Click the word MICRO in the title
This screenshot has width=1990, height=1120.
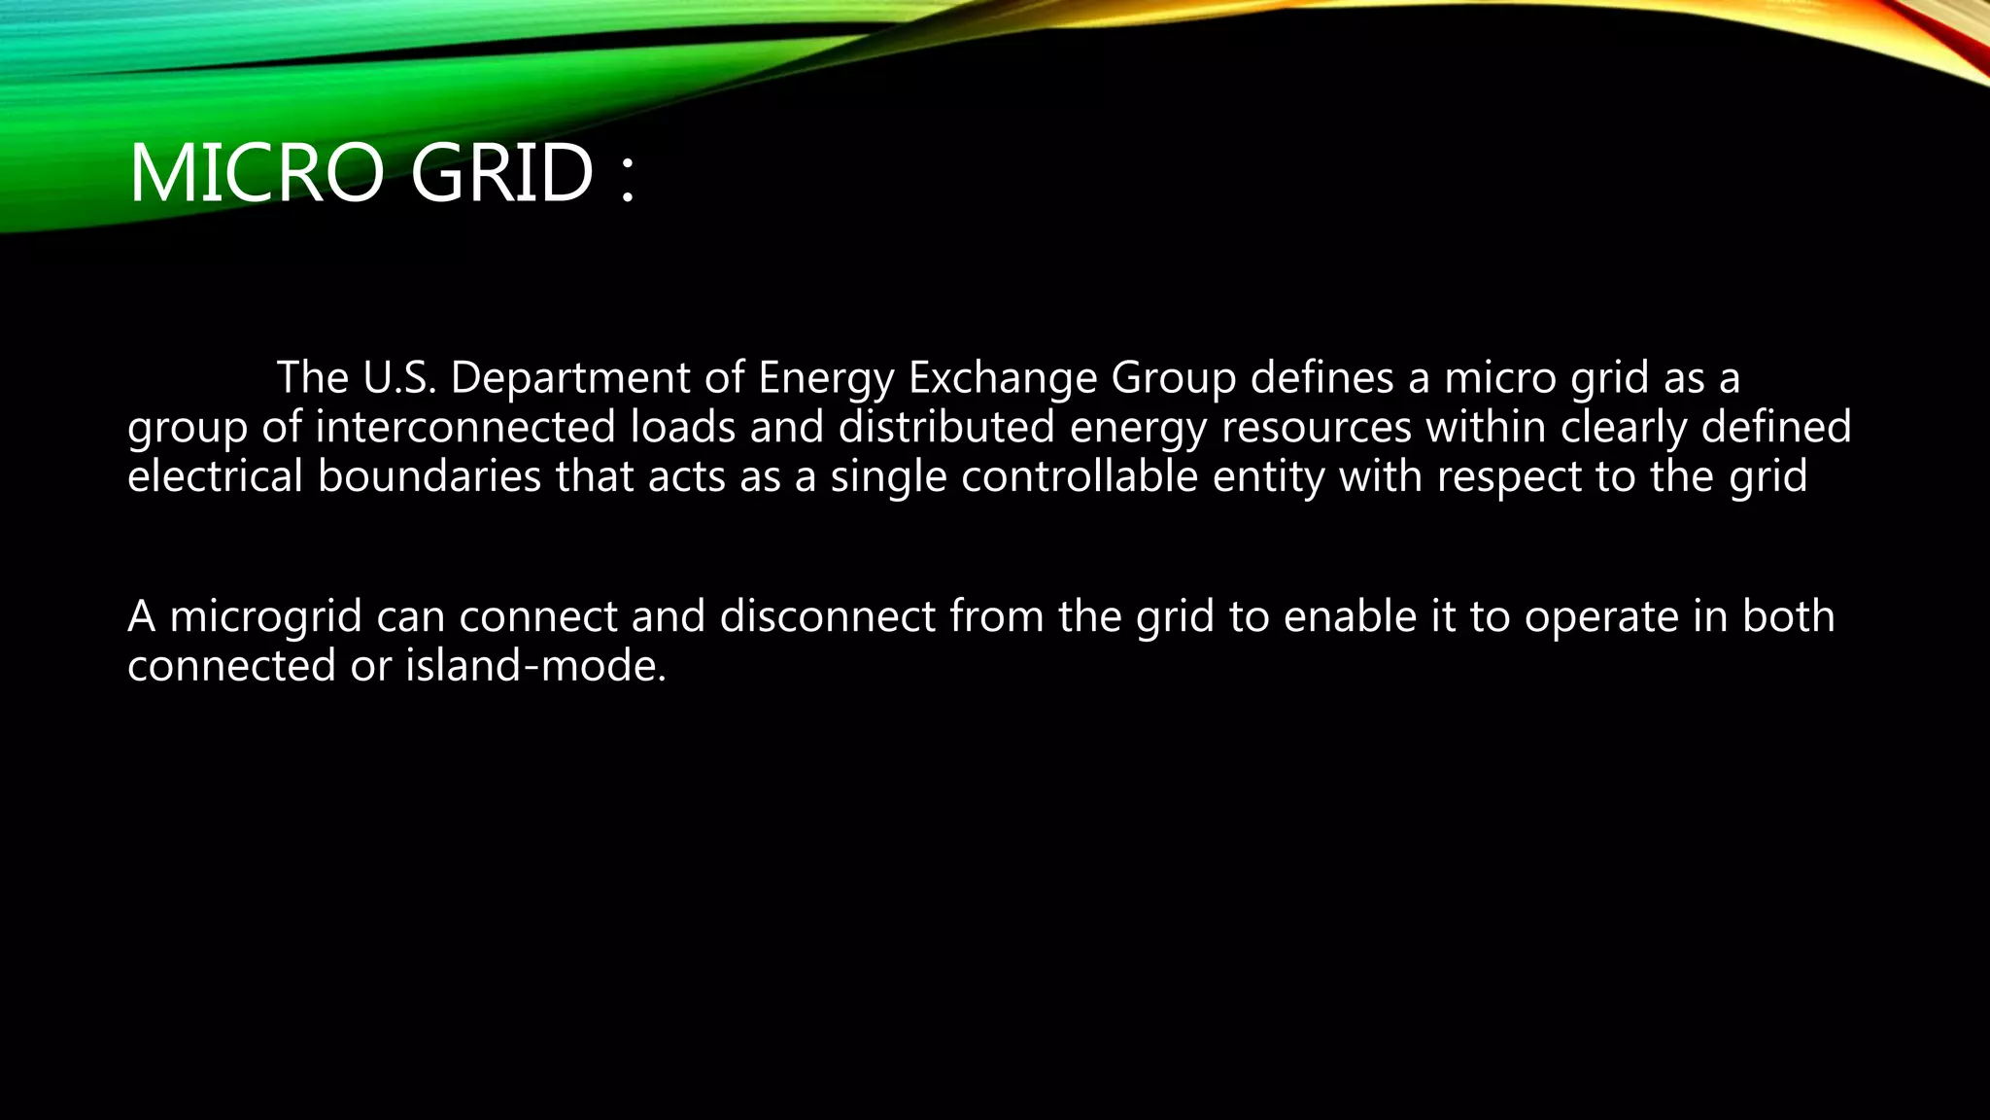256,173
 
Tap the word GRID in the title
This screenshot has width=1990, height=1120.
501,173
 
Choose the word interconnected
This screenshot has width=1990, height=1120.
465,428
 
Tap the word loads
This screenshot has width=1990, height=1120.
682,428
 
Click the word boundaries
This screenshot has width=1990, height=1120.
429,476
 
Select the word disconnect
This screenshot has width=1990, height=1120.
827,616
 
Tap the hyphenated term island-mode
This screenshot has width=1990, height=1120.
535,666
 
